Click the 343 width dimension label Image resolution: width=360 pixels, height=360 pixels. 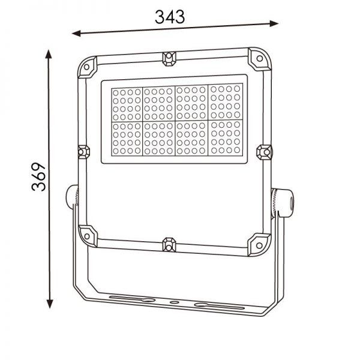pos(170,17)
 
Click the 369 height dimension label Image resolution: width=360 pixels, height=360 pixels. pos(39,177)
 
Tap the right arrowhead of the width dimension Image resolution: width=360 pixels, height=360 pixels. pos(274,23)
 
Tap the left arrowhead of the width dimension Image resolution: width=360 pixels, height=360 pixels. pos(76,34)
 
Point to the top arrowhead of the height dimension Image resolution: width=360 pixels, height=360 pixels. pos(49,54)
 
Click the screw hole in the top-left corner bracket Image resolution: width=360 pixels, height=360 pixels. pos(87,67)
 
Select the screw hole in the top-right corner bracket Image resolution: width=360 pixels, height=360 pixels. pos(260,58)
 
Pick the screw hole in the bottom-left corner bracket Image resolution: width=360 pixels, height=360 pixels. pos(87,236)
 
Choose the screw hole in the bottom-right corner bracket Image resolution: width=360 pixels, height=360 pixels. pos(259,245)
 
